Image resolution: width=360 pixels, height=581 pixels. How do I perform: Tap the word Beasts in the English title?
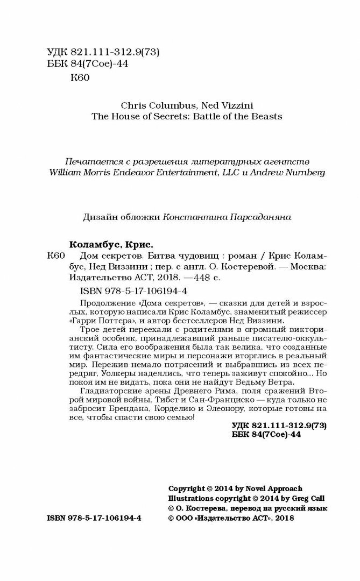point(267,115)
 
